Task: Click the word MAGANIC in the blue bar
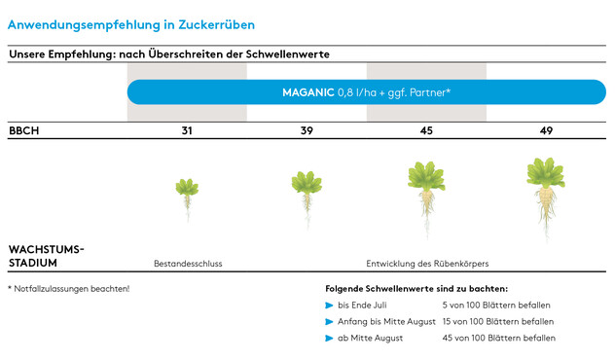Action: click(307, 92)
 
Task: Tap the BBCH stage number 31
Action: click(186, 130)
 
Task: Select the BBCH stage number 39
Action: click(307, 130)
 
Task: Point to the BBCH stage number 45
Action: click(426, 130)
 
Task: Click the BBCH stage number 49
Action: click(546, 130)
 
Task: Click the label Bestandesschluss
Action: click(181, 264)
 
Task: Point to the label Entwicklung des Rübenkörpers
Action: click(426, 264)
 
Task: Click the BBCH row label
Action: click(23, 130)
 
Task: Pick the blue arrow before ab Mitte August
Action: click(330, 338)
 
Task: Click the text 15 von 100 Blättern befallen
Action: click(497, 321)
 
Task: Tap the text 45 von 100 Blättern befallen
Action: click(498, 338)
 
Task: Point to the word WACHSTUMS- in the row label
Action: click(46, 249)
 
